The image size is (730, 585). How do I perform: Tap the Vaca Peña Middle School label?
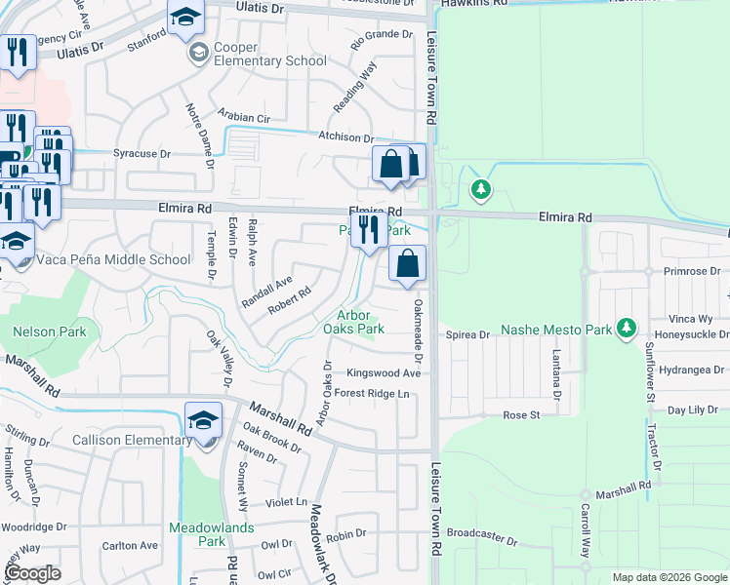(x=113, y=260)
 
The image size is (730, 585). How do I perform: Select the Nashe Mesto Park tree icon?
(x=629, y=330)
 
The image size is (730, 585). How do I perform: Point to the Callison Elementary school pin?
(x=203, y=421)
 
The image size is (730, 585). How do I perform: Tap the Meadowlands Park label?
(x=212, y=534)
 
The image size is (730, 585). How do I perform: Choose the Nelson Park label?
(x=50, y=331)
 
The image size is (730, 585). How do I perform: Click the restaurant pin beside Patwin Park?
(x=368, y=232)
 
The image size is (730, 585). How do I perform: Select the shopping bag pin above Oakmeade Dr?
(x=407, y=263)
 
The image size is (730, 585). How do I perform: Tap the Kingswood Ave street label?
(x=384, y=373)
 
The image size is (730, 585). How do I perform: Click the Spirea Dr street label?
(x=467, y=335)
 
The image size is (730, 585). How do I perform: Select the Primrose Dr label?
(x=690, y=271)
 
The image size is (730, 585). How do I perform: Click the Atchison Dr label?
(x=345, y=138)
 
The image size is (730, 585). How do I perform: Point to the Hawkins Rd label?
(x=475, y=4)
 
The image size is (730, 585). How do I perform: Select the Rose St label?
(x=521, y=415)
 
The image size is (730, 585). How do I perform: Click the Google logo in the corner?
(x=32, y=573)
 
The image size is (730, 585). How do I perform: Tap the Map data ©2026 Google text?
(x=669, y=577)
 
